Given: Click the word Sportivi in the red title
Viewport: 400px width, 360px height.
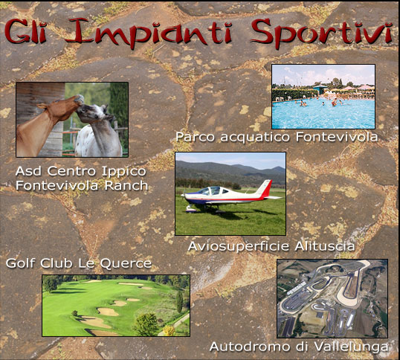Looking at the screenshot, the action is pos(322,33).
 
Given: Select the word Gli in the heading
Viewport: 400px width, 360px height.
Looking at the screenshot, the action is pos(25,31).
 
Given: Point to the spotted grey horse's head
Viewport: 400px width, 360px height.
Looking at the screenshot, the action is pos(94,114).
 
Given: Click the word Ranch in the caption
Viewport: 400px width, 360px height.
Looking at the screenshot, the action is pos(126,185).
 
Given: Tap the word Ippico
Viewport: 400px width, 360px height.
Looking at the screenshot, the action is pos(124,172).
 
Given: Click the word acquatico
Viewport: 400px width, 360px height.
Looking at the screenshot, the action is pos(255,138).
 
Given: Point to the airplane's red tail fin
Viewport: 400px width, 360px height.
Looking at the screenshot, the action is pos(265,188).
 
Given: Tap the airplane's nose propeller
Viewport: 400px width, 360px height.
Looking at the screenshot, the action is pos(184,196).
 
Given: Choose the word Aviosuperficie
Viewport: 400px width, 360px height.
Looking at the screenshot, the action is pos(239,247).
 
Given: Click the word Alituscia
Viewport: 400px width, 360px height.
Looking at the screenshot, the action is pos(324,246).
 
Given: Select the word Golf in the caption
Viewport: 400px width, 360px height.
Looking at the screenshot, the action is pos(22,263).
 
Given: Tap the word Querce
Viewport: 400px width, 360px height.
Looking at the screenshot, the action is pos(126,263).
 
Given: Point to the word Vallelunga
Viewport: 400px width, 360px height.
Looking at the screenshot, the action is pos(351,347).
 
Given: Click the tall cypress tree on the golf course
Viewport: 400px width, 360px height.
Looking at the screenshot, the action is pos(180,301).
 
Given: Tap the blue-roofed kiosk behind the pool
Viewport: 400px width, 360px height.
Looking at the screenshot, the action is pos(320,89).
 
